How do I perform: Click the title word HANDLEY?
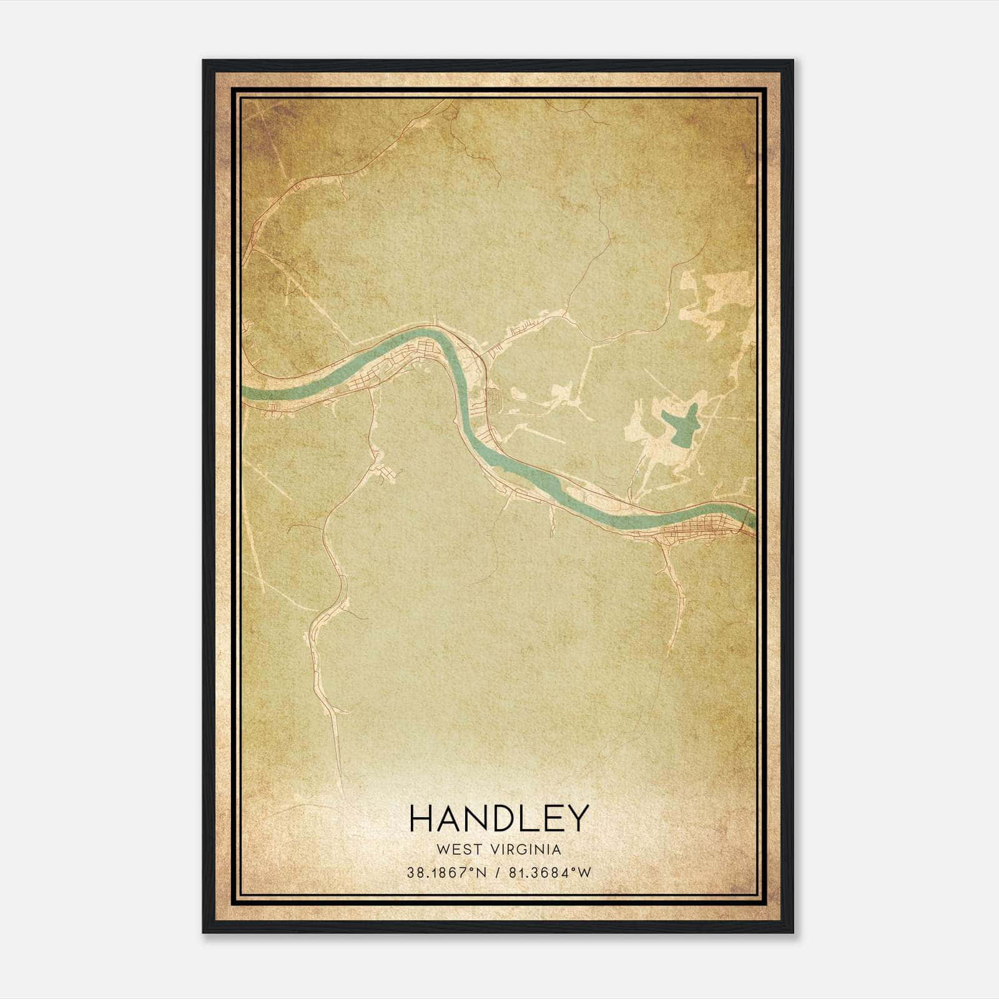(499, 818)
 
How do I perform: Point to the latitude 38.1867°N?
(446, 873)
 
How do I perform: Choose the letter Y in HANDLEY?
(578, 818)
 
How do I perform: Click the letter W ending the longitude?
(584, 873)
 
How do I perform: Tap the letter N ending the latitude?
(480, 873)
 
